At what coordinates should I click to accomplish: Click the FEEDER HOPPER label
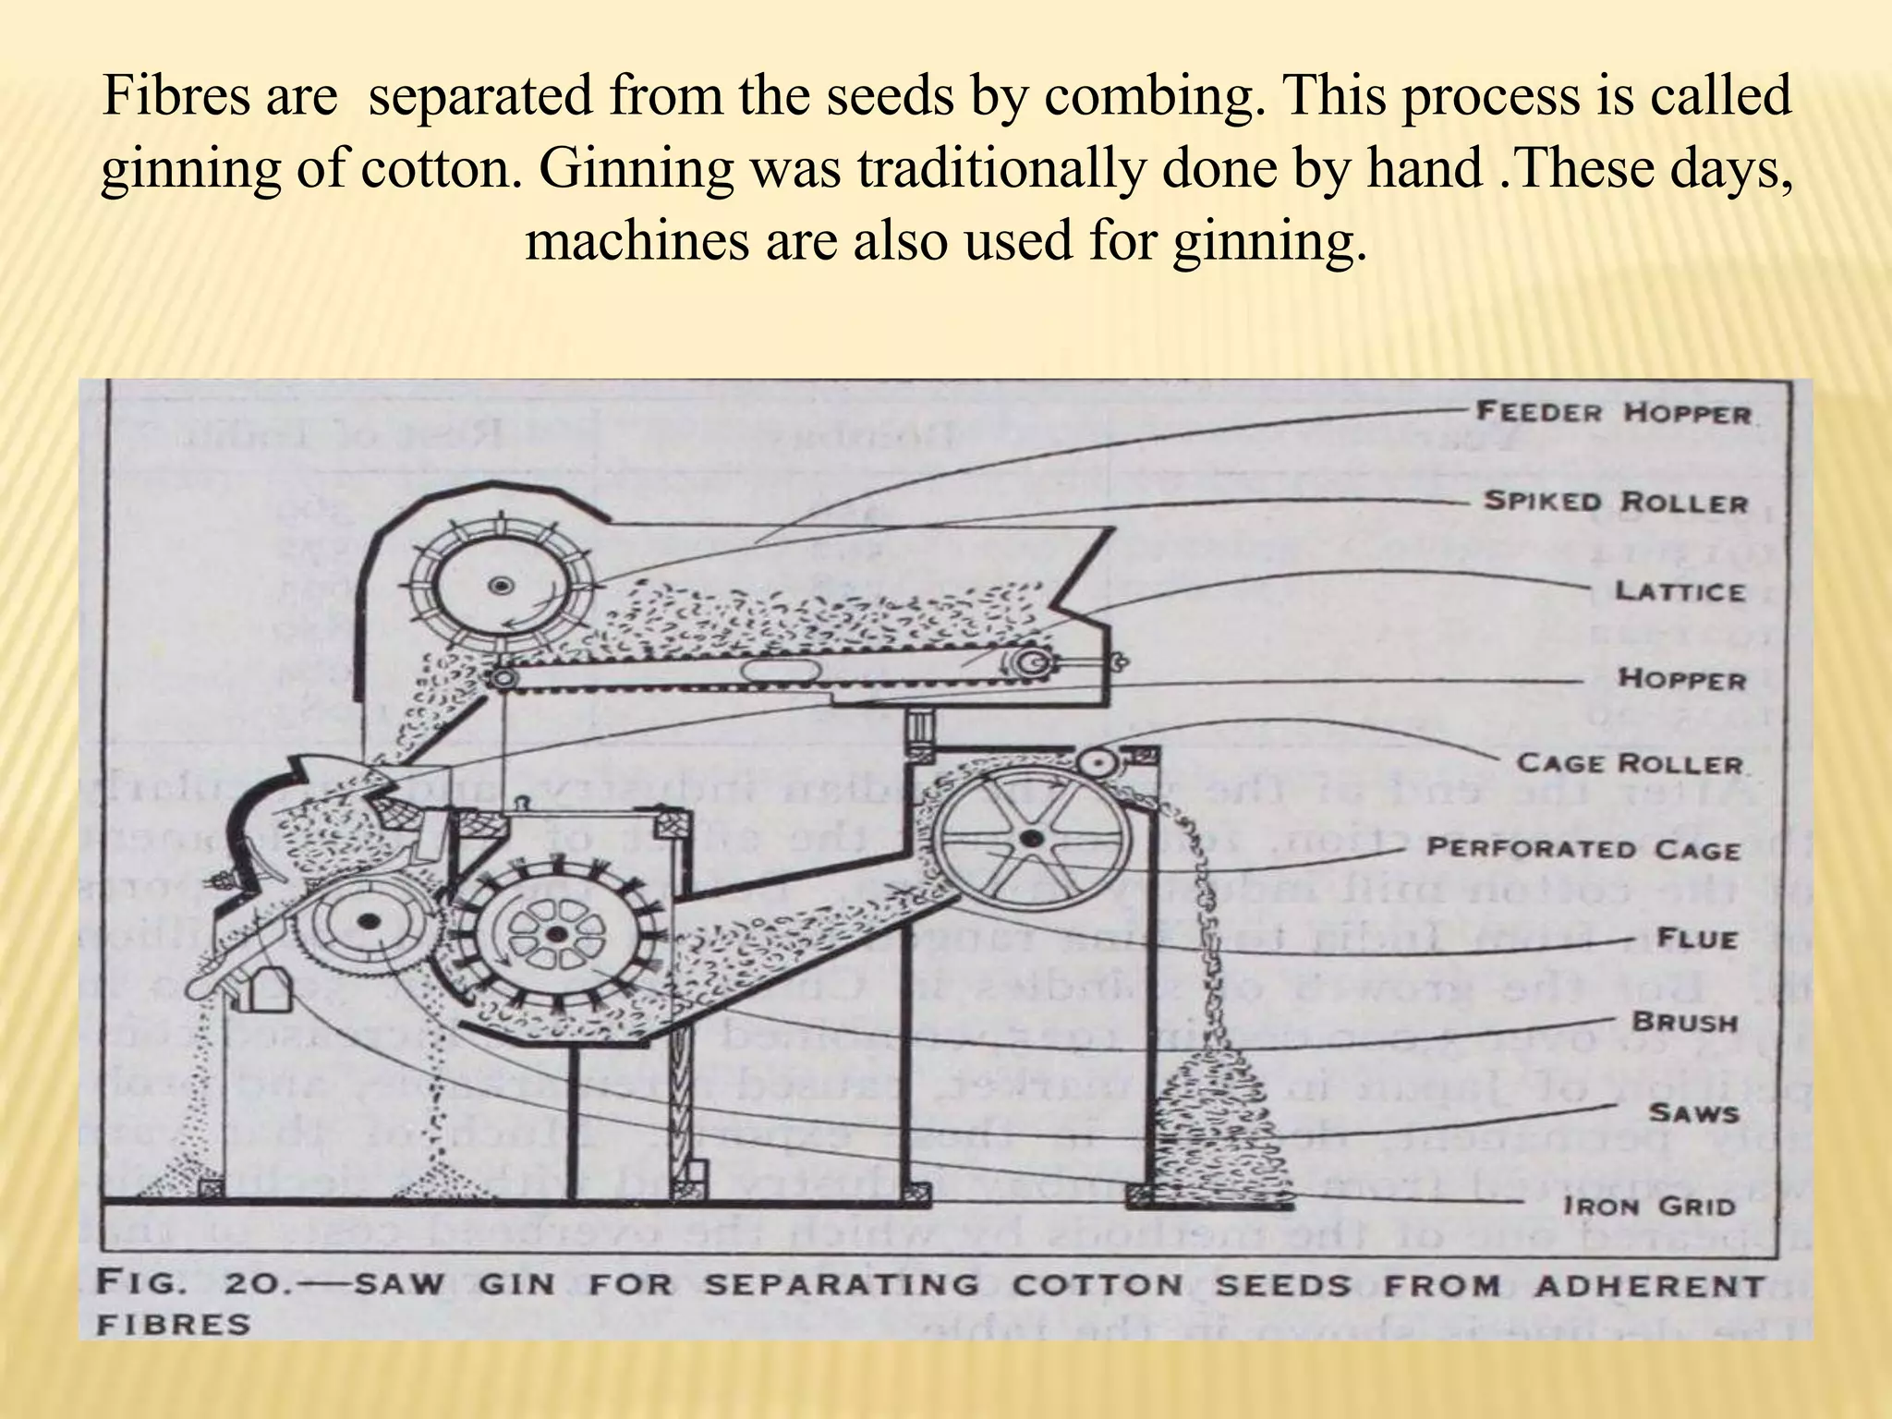point(1613,412)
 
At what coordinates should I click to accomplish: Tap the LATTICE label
point(1680,591)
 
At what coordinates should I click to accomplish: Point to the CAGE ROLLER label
point(1630,763)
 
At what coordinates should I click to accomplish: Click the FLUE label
point(1697,939)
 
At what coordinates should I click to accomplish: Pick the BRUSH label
point(1685,1022)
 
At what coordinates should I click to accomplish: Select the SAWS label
point(1693,1113)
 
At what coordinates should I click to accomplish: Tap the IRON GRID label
point(1649,1206)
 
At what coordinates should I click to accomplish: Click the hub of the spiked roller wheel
point(502,585)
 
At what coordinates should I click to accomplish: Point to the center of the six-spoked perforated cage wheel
point(1028,839)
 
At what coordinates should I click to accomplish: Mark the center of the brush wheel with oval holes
point(556,935)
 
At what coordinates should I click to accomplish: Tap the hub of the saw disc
point(370,920)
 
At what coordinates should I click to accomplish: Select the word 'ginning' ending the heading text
point(1269,241)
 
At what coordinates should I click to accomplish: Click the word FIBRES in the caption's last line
point(175,1325)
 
